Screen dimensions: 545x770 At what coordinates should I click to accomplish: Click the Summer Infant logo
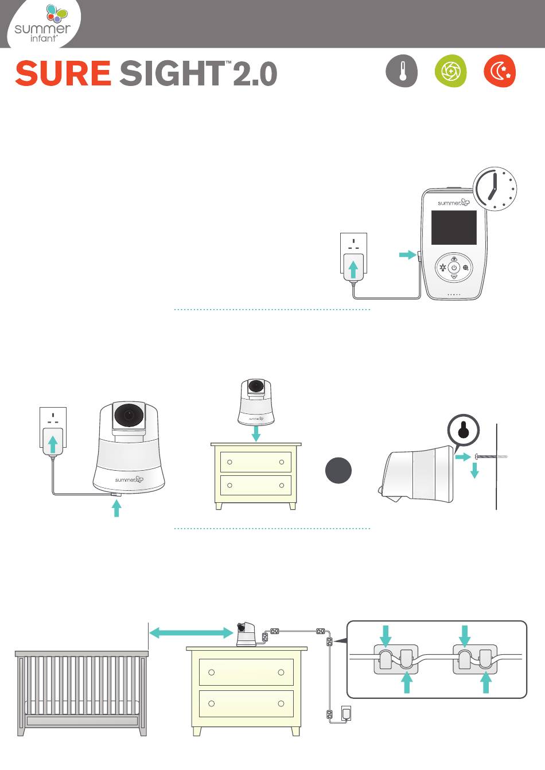(x=42, y=24)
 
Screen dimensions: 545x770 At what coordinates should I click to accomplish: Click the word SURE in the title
(x=63, y=73)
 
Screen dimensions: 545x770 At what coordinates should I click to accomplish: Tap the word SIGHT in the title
(x=172, y=73)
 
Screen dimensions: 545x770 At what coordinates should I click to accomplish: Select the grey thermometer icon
(x=402, y=71)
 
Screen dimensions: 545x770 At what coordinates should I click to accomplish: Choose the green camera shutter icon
(x=451, y=71)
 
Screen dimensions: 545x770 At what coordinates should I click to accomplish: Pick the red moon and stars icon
(x=500, y=71)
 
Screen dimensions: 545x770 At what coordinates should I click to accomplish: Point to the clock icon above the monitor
(x=495, y=189)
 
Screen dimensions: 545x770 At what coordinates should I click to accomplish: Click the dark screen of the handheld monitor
(x=454, y=228)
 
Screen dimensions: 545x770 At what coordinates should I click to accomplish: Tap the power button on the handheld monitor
(x=454, y=267)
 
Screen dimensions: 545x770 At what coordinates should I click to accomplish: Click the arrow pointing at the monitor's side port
(x=407, y=255)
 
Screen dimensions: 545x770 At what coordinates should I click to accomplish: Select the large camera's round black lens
(x=129, y=415)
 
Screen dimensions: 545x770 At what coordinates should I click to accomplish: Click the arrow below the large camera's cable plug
(x=117, y=508)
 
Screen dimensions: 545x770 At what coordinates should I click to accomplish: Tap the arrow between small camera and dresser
(x=256, y=433)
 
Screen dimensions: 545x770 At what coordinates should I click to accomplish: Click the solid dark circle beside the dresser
(x=338, y=470)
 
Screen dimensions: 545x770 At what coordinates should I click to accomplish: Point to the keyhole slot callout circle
(x=464, y=430)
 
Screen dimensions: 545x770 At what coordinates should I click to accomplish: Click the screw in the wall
(x=490, y=457)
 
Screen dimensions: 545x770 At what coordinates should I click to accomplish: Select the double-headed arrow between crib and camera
(x=191, y=632)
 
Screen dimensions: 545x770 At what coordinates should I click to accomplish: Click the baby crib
(x=82, y=693)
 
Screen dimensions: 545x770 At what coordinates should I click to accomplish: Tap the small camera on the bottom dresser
(x=246, y=634)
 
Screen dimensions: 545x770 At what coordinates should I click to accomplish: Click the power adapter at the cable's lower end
(x=347, y=713)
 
